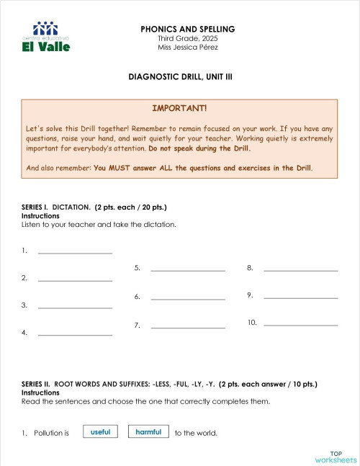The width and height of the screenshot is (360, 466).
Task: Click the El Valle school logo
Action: pos(47,37)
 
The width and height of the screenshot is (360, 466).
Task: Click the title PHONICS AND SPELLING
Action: pos(188,29)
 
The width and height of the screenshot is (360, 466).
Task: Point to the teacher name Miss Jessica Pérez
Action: pos(188,47)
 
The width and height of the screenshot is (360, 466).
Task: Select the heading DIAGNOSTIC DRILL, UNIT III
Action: pos(180,76)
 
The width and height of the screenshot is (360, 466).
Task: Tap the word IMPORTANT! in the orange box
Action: pos(179,108)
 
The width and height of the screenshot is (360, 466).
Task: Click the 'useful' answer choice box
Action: pos(100,432)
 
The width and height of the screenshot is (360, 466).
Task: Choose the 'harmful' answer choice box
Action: pos(148,432)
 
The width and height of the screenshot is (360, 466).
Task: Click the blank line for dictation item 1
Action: pos(75,252)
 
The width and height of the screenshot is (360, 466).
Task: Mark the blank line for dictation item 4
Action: pos(75,334)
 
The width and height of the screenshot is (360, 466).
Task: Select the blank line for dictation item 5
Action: pos(188,270)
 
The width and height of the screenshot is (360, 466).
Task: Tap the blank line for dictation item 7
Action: pos(188,328)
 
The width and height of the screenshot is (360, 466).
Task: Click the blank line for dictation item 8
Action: pos(301,270)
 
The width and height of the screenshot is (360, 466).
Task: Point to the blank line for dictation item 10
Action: pos(301,325)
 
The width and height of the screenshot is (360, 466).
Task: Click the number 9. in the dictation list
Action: pos(249,295)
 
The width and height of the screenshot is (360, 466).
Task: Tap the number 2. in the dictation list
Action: pos(24,278)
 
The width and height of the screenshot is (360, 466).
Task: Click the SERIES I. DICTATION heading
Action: pos(94,207)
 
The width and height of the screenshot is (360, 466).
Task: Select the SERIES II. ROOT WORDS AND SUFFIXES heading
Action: pos(169,385)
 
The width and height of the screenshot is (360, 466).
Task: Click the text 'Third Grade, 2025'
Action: pos(187,38)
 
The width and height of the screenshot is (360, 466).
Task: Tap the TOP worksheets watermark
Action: pos(336,456)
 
